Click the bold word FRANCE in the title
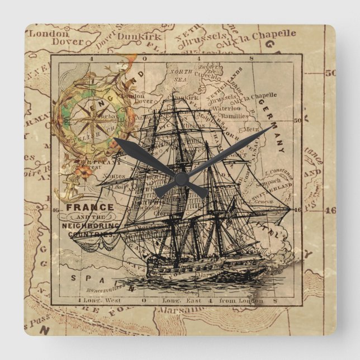89,207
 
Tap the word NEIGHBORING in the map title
91,225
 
